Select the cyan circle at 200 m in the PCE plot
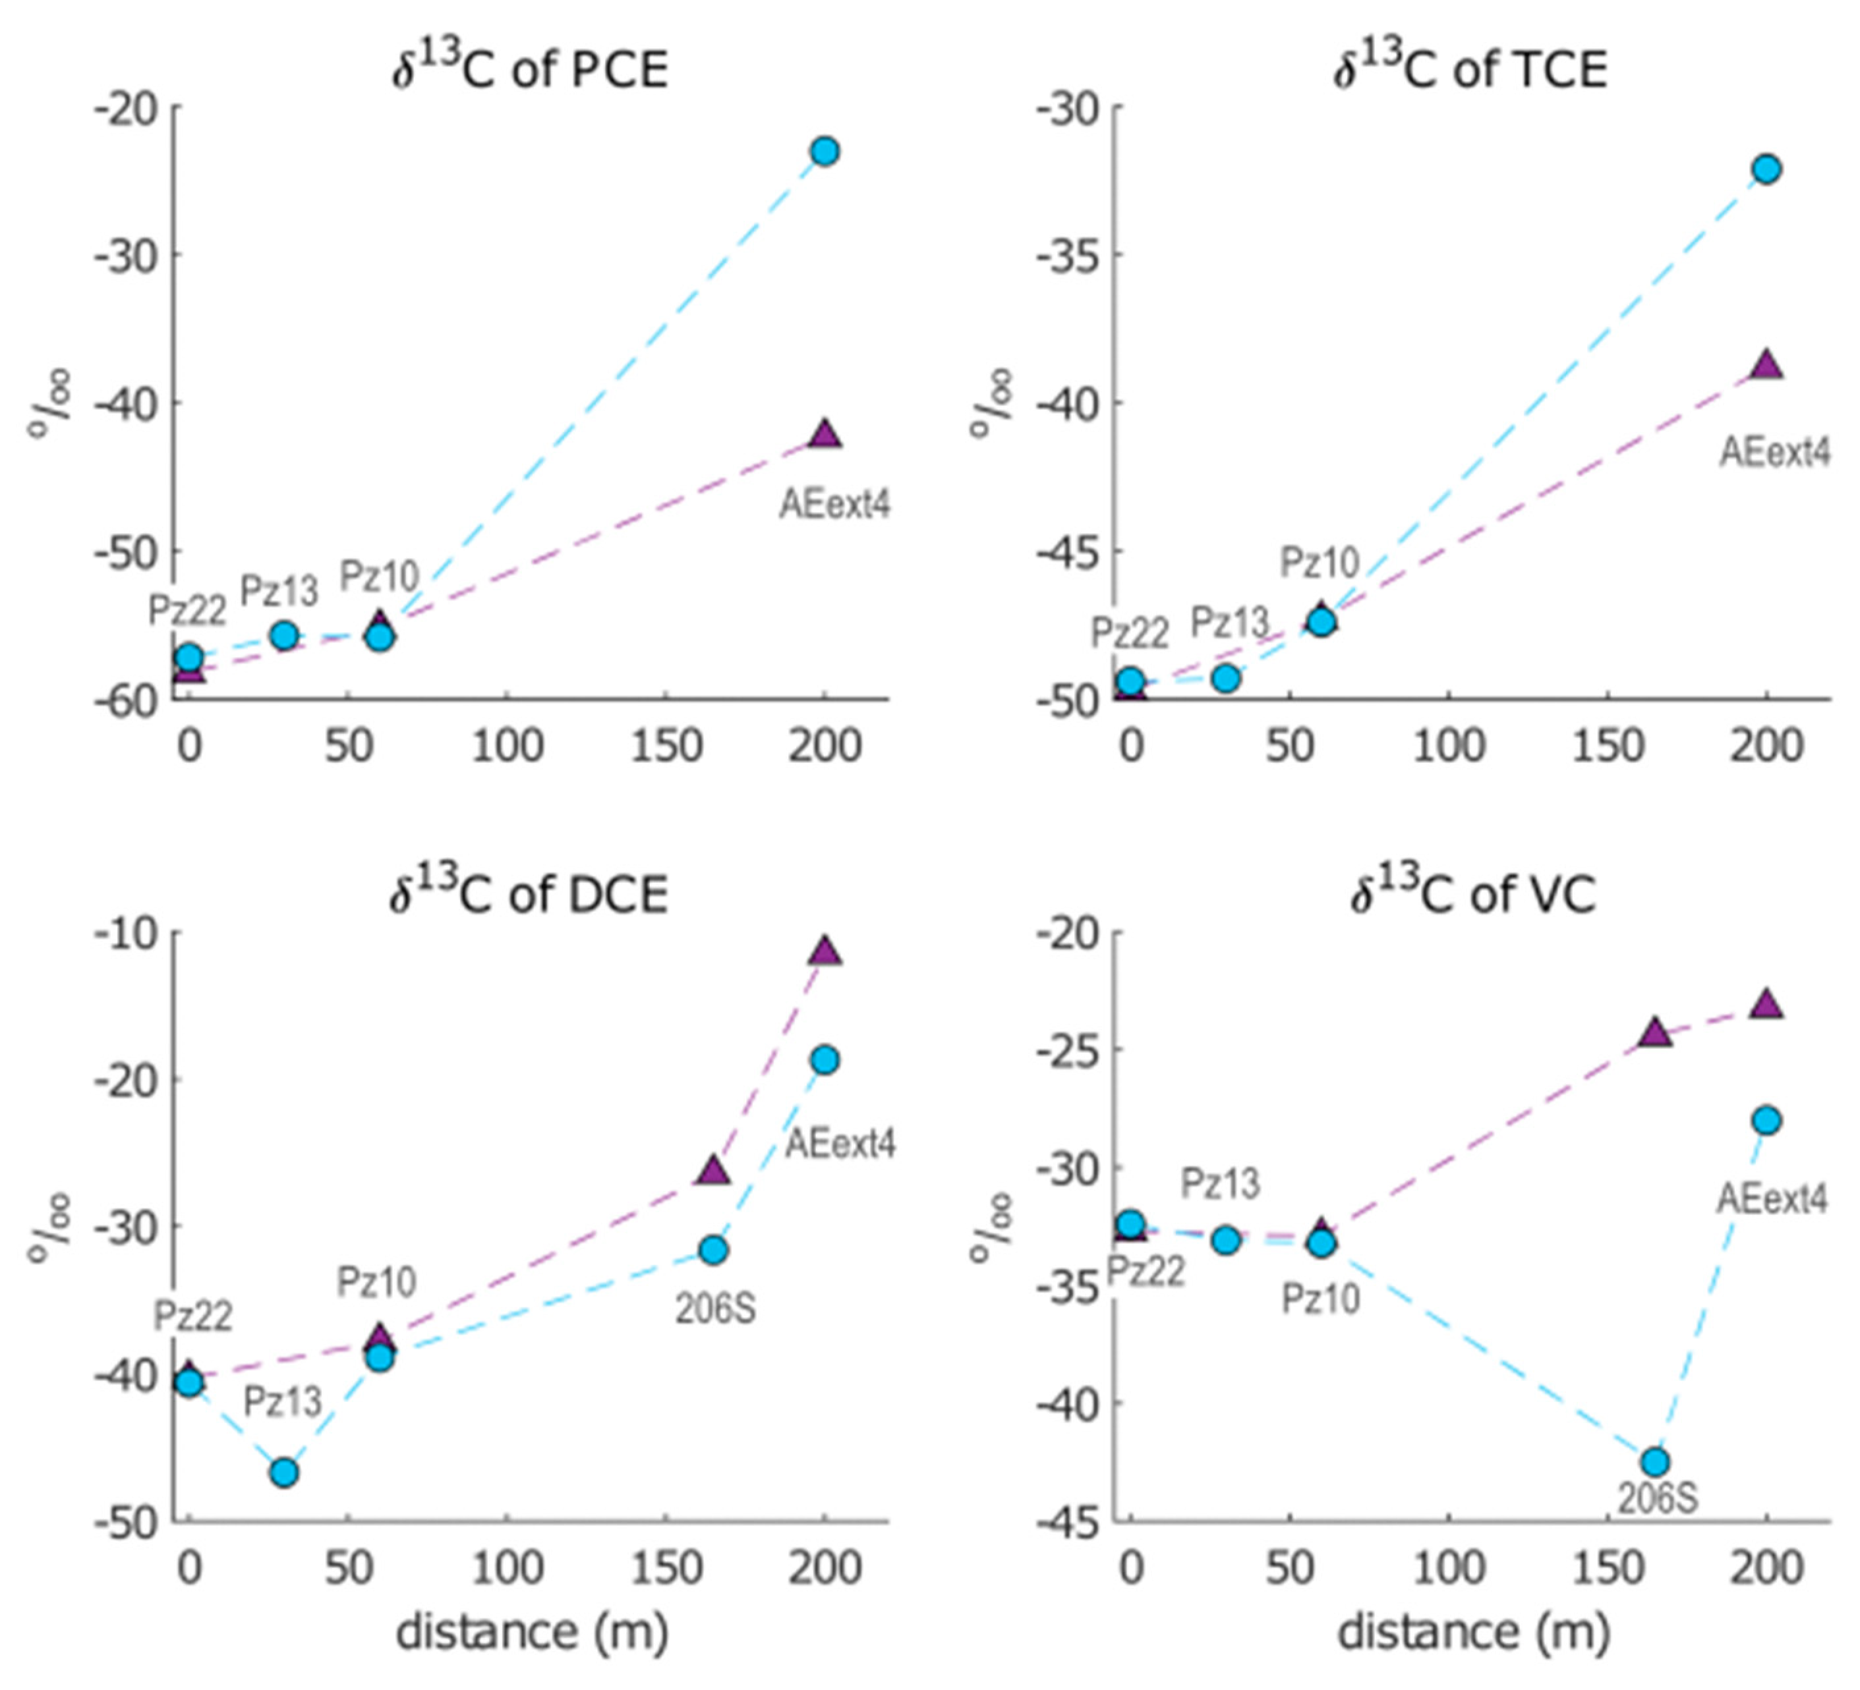click(825, 152)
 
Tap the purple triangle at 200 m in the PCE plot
click(825, 434)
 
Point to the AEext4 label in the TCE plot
click(1773, 453)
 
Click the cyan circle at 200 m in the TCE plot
click(1766, 170)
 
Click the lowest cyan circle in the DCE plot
click(284, 1473)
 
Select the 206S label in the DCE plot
click(715, 1310)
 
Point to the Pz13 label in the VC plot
click(1220, 1183)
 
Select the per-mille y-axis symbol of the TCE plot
click(990, 403)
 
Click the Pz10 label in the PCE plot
click(379, 576)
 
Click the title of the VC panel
click(1472, 893)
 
